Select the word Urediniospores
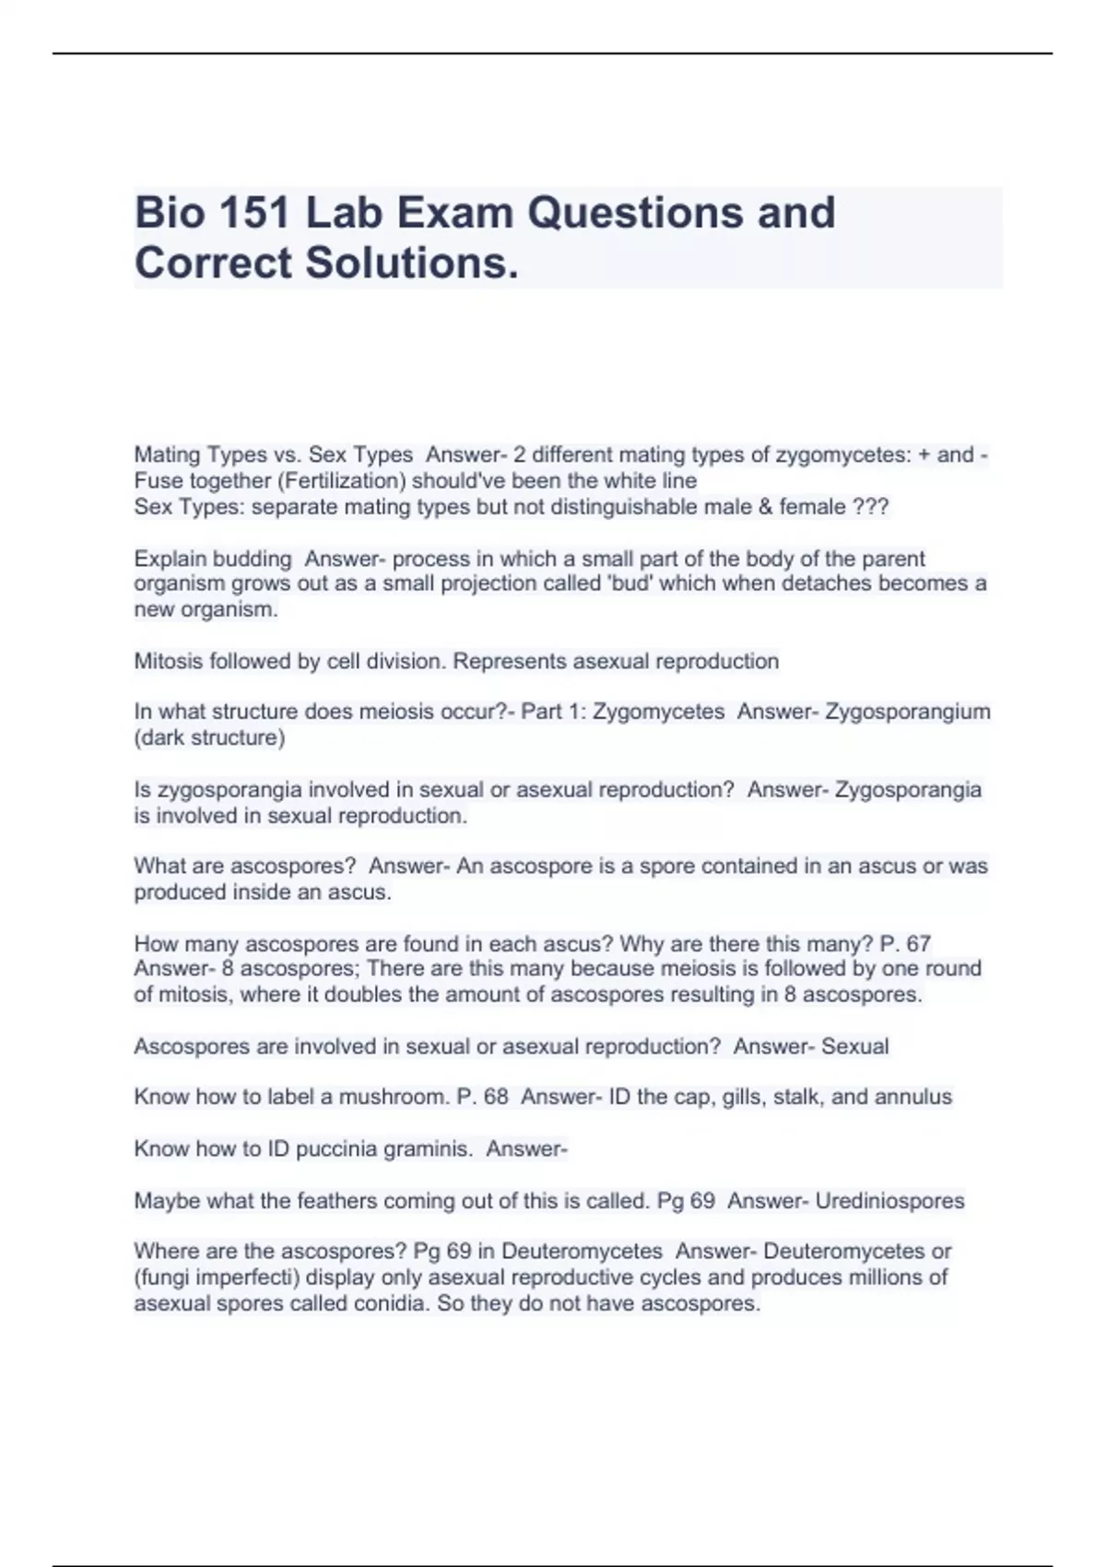point(889,1201)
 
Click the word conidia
point(384,1304)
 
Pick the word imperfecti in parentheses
point(249,1278)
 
